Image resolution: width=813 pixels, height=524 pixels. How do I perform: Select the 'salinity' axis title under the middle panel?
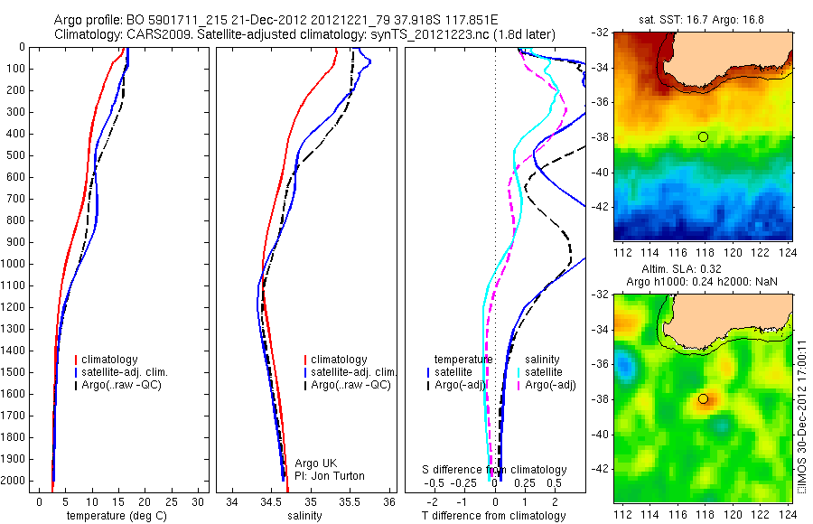[x=304, y=516]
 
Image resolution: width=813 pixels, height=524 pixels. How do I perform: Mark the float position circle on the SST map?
[x=703, y=136]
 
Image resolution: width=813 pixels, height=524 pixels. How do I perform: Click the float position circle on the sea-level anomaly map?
[x=703, y=398]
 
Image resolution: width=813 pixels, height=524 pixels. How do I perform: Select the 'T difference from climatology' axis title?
[x=494, y=516]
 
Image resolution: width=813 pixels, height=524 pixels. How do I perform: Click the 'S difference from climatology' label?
[x=494, y=470]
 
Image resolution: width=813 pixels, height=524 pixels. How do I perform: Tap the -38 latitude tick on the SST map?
[x=600, y=137]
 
